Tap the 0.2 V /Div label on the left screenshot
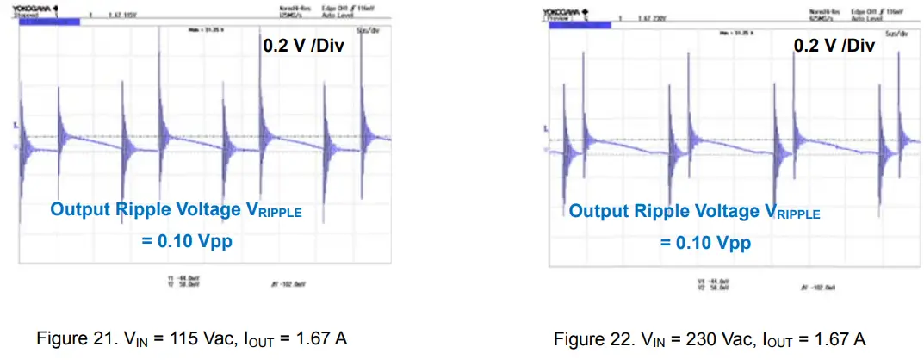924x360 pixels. pos(303,46)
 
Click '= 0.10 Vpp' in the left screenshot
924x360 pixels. pos(187,242)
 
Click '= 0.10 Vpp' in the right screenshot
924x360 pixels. pos(706,244)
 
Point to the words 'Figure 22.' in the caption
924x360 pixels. pos(582,338)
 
